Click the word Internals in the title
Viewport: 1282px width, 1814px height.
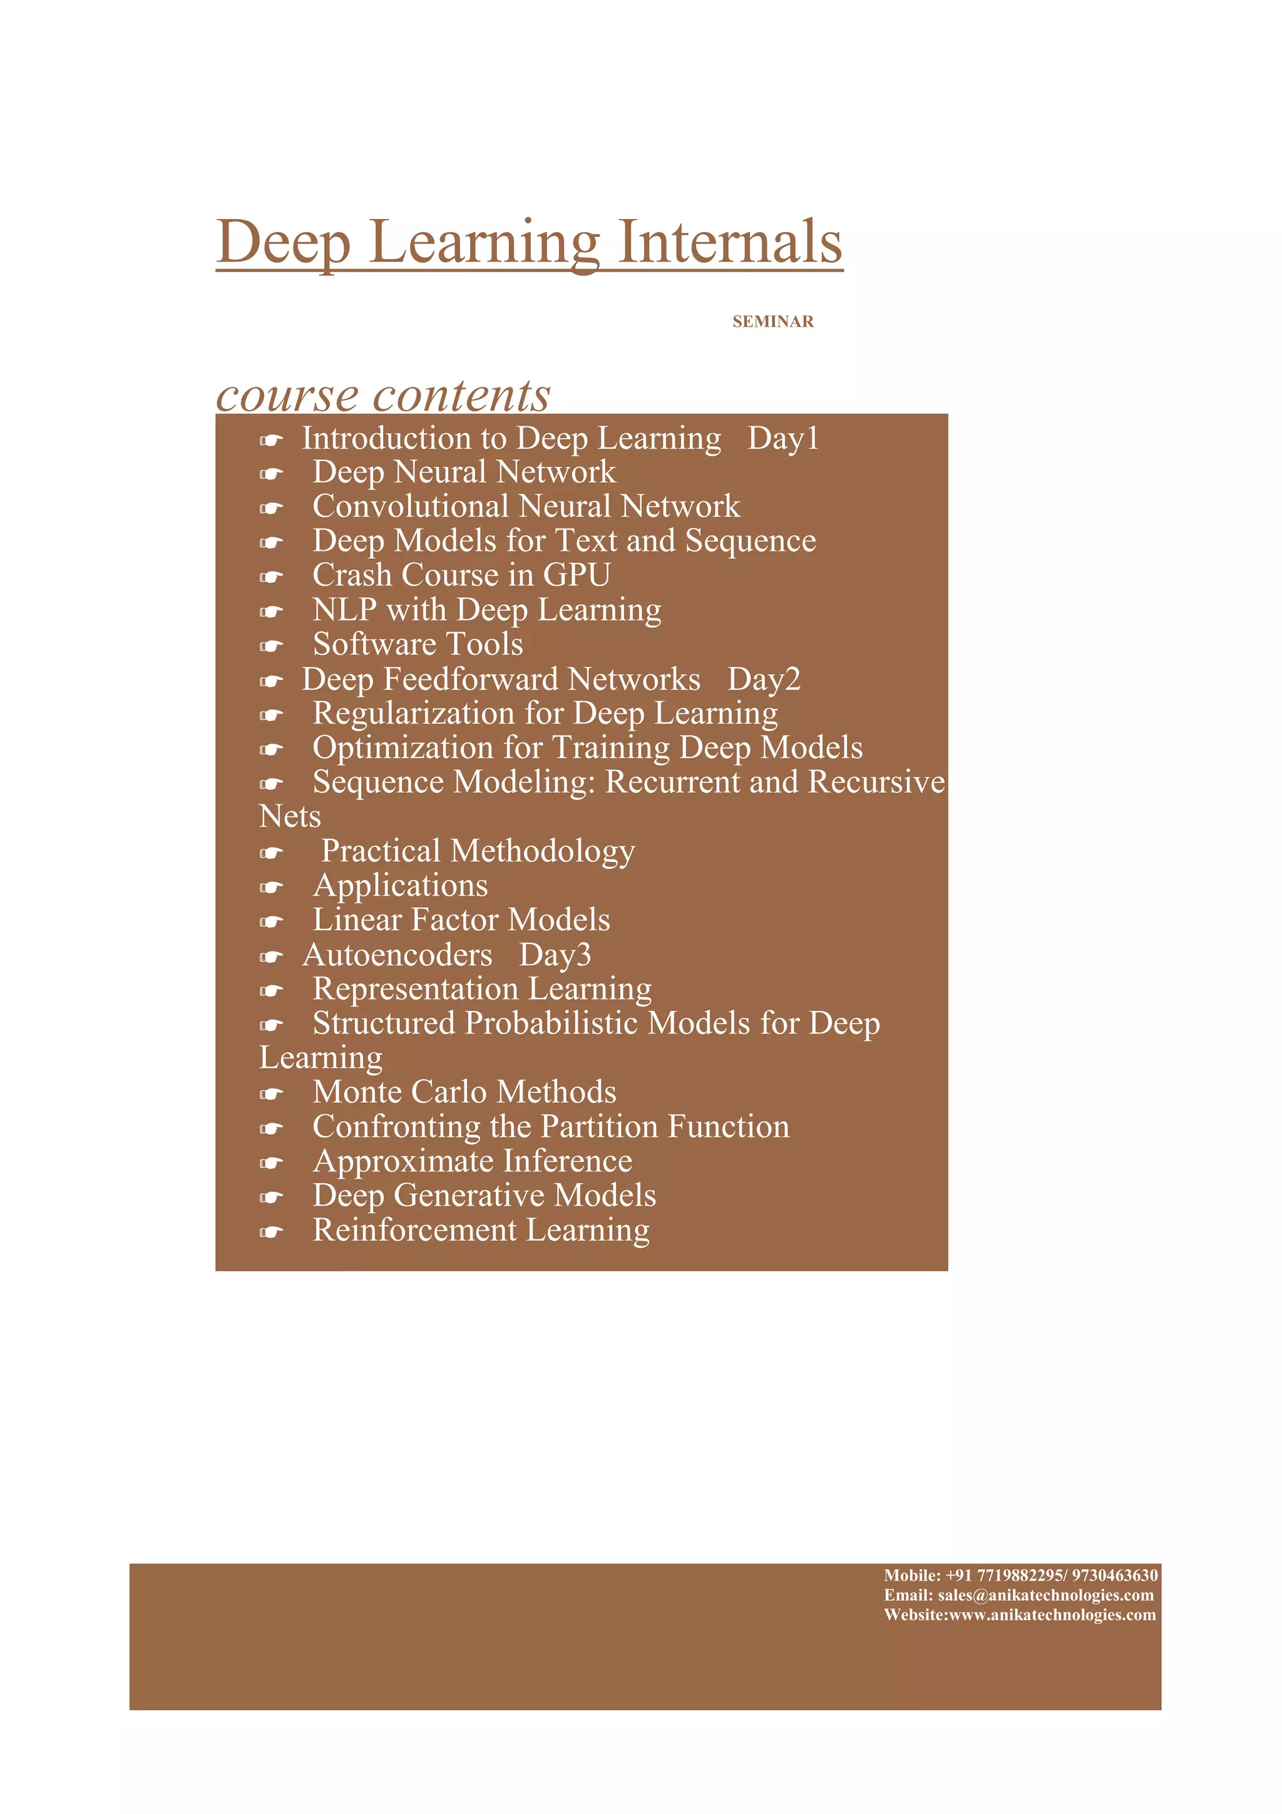(729, 241)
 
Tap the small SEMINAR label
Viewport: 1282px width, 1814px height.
(772, 322)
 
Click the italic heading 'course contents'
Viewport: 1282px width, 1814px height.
(383, 394)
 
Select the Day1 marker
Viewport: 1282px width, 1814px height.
(783, 439)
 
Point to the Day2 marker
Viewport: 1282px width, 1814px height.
(763, 679)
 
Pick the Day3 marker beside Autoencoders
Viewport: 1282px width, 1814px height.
(555, 955)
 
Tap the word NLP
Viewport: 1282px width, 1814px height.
(344, 610)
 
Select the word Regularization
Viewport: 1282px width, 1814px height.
(413, 714)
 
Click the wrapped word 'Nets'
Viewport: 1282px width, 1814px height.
(290, 817)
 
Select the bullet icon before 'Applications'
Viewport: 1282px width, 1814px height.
(271, 887)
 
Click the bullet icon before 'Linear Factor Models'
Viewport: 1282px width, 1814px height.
(271, 922)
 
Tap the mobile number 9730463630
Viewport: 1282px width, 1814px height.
(1114, 1576)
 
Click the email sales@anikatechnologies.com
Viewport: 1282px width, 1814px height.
(1045, 1595)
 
